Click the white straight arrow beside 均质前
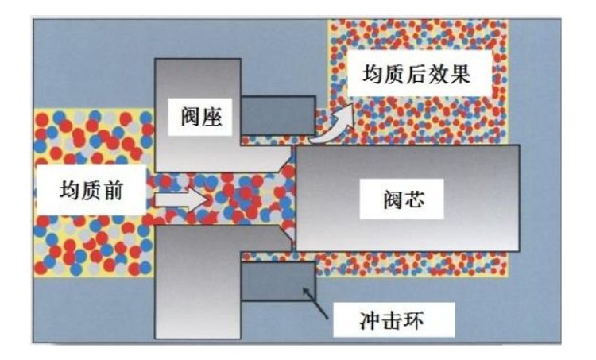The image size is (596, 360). pos(179,198)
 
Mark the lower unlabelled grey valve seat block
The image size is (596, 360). pos(199,286)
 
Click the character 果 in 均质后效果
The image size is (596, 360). pos(460,76)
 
